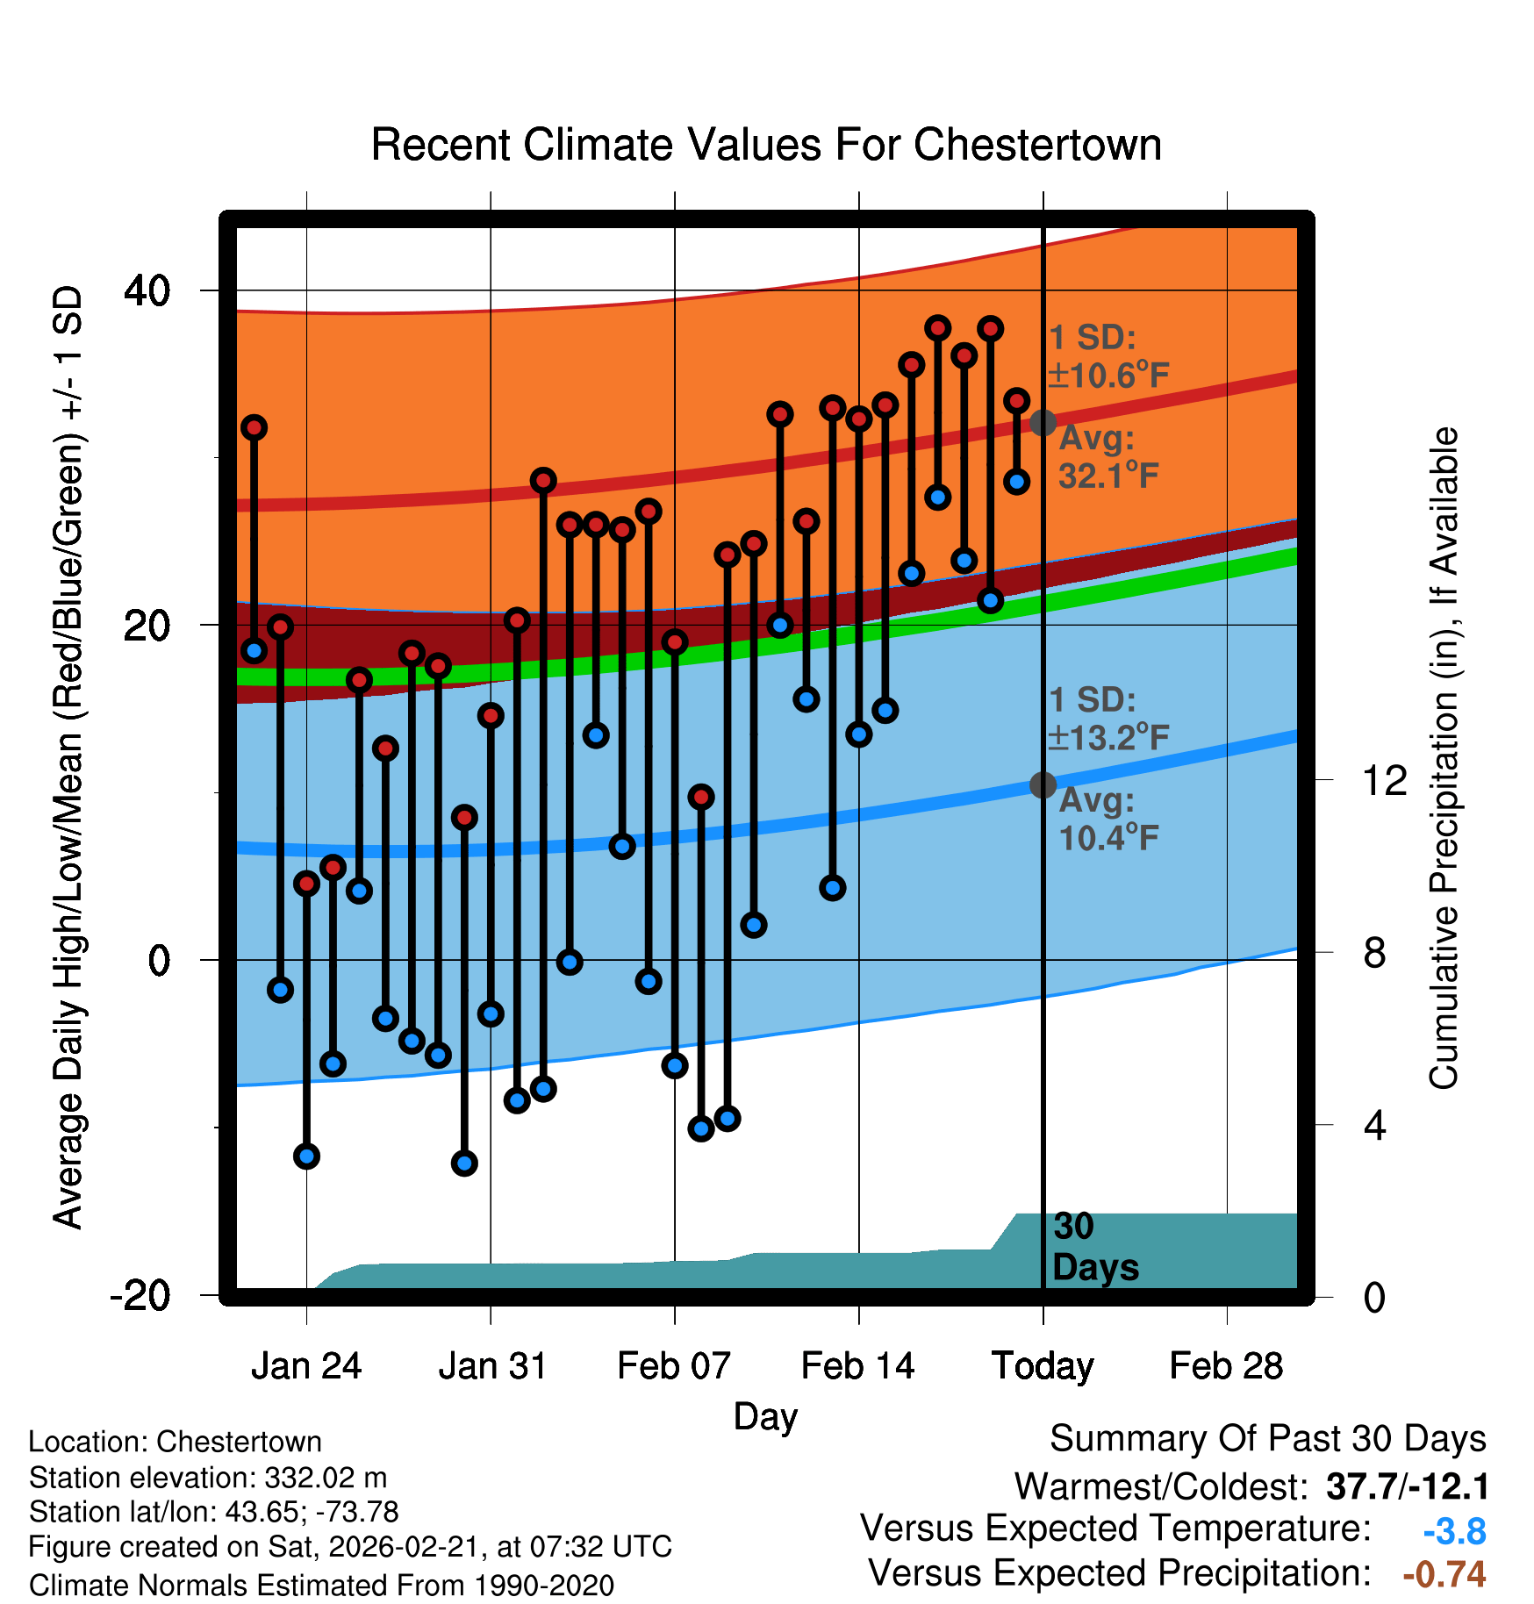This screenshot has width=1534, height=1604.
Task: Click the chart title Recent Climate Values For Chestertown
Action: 766,145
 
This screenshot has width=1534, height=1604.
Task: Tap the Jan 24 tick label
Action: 306,1366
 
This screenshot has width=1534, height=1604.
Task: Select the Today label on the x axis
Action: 1043,1366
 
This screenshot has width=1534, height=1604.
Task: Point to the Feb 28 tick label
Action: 1226,1366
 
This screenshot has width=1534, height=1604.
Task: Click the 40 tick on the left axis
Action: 147,290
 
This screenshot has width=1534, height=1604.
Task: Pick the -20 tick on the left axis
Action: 140,1295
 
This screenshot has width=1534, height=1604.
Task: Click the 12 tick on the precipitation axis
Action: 1385,780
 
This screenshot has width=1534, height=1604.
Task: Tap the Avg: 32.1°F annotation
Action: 1107,457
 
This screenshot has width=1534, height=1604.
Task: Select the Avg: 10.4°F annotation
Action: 1107,820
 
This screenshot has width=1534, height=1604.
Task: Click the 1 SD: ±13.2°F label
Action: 1108,719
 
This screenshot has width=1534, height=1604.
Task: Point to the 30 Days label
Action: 1094,1247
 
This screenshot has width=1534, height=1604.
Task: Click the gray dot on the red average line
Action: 1043,423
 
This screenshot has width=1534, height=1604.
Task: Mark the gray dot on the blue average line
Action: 1043,784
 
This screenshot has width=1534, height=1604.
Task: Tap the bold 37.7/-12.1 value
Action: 1407,1487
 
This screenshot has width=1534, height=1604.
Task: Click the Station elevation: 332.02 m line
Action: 208,1478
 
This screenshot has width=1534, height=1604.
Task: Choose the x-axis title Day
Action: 765,1417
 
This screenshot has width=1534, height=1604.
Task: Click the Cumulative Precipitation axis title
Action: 1444,758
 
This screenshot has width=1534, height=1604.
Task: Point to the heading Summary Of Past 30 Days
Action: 1267,1439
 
